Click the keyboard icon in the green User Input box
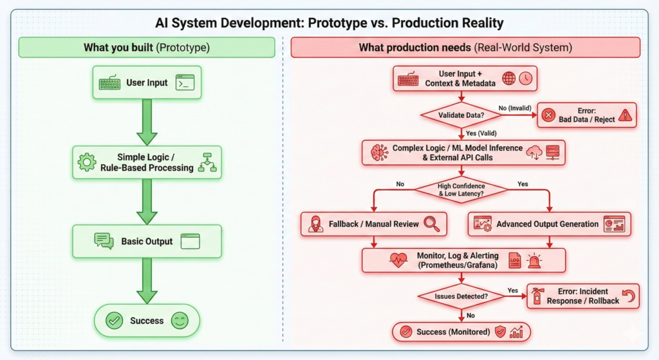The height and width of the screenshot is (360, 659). pyautogui.click(x=109, y=83)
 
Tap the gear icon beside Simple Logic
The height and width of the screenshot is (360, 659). pyautogui.click(x=87, y=162)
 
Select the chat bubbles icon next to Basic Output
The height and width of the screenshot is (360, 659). pyautogui.click(x=104, y=241)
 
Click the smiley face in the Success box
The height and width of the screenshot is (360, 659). pyautogui.click(x=180, y=321)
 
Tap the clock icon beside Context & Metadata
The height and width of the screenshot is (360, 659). pyautogui.click(x=526, y=79)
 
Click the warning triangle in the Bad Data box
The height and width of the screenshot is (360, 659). pyautogui.click(x=625, y=116)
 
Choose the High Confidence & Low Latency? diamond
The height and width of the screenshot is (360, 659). pyautogui.click(x=460, y=187)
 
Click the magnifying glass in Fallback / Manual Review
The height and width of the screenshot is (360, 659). pyautogui.click(x=431, y=223)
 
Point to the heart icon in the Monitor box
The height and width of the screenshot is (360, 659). pyautogui.click(x=398, y=260)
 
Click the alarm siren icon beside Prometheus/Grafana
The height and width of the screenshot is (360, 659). pyautogui.click(x=534, y=260)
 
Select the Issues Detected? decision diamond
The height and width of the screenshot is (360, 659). pyautogui.click(x=461, y=296)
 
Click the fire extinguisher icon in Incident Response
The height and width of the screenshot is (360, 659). pyautogui.click(x=536, y=296)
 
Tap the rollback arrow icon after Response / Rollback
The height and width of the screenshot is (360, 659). pyautogui.click(x=629, y=296)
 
